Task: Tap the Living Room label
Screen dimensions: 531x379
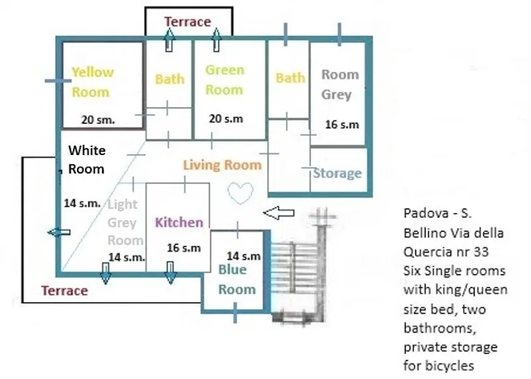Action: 222,166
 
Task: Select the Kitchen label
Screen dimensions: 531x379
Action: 179,223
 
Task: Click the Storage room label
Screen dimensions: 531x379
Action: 337,173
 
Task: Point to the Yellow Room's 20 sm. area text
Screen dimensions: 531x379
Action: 98,120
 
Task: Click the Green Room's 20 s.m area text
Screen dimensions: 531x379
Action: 226,119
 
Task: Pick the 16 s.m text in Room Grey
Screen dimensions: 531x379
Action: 342,124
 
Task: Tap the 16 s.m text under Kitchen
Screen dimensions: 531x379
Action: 184,248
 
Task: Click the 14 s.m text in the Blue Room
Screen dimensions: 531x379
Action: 244,256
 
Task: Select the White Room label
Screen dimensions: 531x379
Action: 87,160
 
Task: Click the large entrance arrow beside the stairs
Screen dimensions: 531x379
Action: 279,213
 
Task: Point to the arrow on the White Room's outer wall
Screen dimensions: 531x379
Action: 59,233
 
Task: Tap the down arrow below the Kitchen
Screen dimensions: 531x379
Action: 171,273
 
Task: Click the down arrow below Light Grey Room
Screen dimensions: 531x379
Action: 106,273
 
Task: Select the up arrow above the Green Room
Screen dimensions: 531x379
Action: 216,40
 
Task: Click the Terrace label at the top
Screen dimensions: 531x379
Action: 188,22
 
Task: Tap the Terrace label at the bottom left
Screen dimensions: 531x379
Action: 64,291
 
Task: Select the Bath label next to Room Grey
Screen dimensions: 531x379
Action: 290,78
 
